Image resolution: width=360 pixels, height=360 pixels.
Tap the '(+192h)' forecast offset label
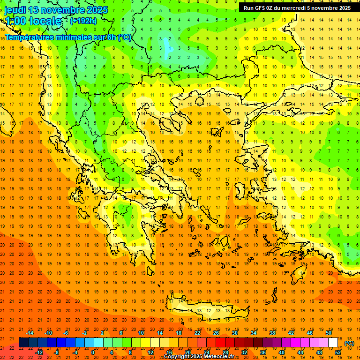[x=83, y=21]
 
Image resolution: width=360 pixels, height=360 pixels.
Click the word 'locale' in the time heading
[x=45, y=21]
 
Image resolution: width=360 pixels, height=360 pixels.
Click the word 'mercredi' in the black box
[x=292, y=8]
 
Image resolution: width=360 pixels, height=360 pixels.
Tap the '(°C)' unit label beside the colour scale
[x=349, y=343]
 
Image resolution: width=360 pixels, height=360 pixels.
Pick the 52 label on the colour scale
[x=337, y=352]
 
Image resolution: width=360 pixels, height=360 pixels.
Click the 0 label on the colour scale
[x=92, y=352]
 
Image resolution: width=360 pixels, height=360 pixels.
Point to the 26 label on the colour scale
[x=216, y=333]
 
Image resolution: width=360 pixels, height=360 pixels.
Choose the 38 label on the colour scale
[x=272, y=333]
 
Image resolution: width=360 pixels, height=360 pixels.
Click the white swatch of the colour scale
[x=333, y=342]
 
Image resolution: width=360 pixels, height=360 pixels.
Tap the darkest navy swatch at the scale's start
[x=23, y=342]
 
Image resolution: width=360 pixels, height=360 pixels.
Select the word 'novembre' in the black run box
[x=325, y=8]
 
